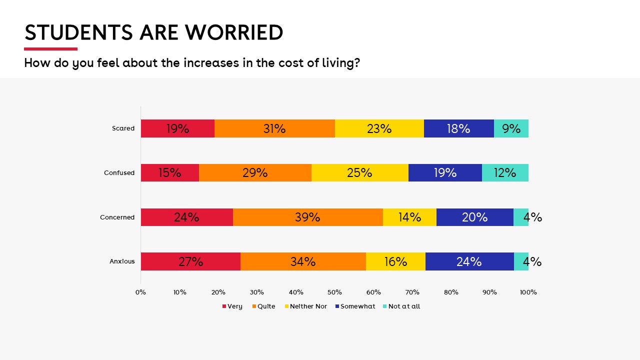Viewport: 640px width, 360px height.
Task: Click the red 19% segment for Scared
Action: (x=177, y=128)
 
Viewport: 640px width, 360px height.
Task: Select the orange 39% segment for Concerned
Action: (x=307, y=217)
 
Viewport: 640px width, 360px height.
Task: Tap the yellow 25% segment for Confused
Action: (x=359, y=172)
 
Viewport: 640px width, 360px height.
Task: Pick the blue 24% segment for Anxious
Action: (x=469, y=261)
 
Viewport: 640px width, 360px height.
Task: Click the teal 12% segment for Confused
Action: (x=505, y=172)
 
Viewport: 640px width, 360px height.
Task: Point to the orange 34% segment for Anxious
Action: (x=303, y=261)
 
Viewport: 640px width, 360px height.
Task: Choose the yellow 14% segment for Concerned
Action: (x=409, y=217)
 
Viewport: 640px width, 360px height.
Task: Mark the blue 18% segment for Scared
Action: (x=458, y=128)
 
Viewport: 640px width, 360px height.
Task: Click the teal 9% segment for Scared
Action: (x=511, y=128)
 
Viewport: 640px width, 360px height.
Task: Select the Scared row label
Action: (x=123, y=128)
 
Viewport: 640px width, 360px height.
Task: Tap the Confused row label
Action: (x=119, y=173)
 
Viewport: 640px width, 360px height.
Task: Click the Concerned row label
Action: (x=117, y=217)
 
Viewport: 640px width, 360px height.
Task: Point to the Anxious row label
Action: (x=122, y=261)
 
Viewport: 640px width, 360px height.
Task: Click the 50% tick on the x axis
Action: (x=334, y=292)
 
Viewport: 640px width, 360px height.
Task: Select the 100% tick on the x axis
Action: (x=528, y=292)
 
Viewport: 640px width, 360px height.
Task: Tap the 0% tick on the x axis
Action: (x=140, y=292)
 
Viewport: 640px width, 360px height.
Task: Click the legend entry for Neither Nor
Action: (x=305, y=306)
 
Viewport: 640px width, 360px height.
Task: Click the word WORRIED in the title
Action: (x=234, y=32)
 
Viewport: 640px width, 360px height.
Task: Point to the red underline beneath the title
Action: (x=50, y=49)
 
